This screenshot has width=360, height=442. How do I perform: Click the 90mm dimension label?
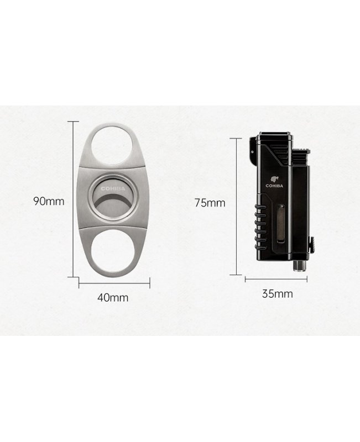(x=49, y=201)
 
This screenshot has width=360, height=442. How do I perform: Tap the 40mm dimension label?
(x=113, y=297)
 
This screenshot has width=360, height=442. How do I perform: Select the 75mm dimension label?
(x=210, y=203)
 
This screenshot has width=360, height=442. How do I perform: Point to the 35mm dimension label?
(x=278, y=294)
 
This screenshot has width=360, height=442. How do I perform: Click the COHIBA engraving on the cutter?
(x=113, y=188)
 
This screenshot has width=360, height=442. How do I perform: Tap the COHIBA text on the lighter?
(x=274, y=186)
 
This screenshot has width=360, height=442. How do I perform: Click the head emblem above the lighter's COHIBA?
(x=274, y=179)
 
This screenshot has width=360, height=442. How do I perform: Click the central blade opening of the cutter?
(x=113, y=199)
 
